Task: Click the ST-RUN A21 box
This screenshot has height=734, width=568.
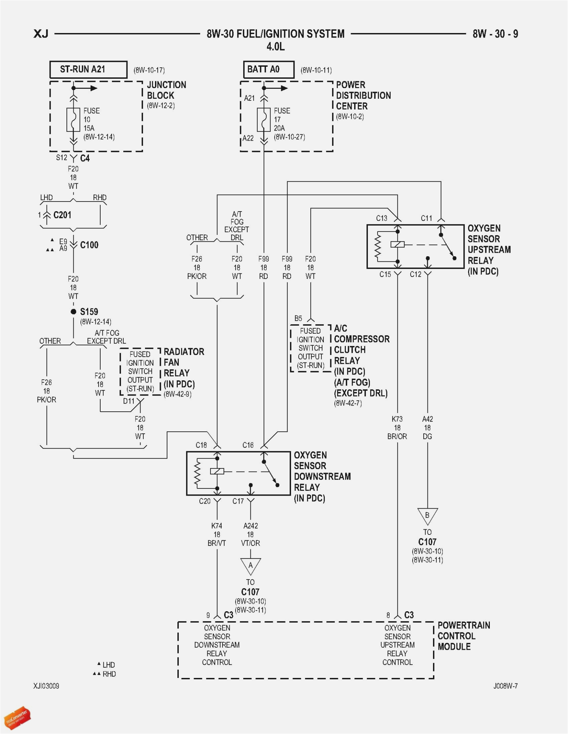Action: click(x=88, y=69)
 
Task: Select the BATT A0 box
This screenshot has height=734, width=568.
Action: click(x=268, y=69)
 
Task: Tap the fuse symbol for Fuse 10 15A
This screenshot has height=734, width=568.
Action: click(x=73, y=120)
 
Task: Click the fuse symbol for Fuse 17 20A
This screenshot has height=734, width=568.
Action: click(x=264, y=120)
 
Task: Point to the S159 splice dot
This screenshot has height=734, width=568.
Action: click(x=73, y=312)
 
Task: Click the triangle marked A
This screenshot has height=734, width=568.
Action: click(x=250, y=565)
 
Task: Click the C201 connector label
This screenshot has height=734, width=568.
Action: click(x=62, y=215)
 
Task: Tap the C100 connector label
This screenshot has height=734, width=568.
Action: click(x=89, y=245)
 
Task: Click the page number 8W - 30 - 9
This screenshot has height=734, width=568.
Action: click(x=495, y=34)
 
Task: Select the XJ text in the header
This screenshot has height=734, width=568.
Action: click(x=41, y=34)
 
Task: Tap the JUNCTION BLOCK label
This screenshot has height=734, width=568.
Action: click(x=166, y=90)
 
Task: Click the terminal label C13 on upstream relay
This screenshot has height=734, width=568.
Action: click(x=381, y=218)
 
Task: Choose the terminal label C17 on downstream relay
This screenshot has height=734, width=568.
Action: click(x=238, y=501)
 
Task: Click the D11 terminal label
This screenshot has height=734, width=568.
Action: click(x=128, y=401)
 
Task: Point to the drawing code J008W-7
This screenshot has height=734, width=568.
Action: click(x=505, y=686)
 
